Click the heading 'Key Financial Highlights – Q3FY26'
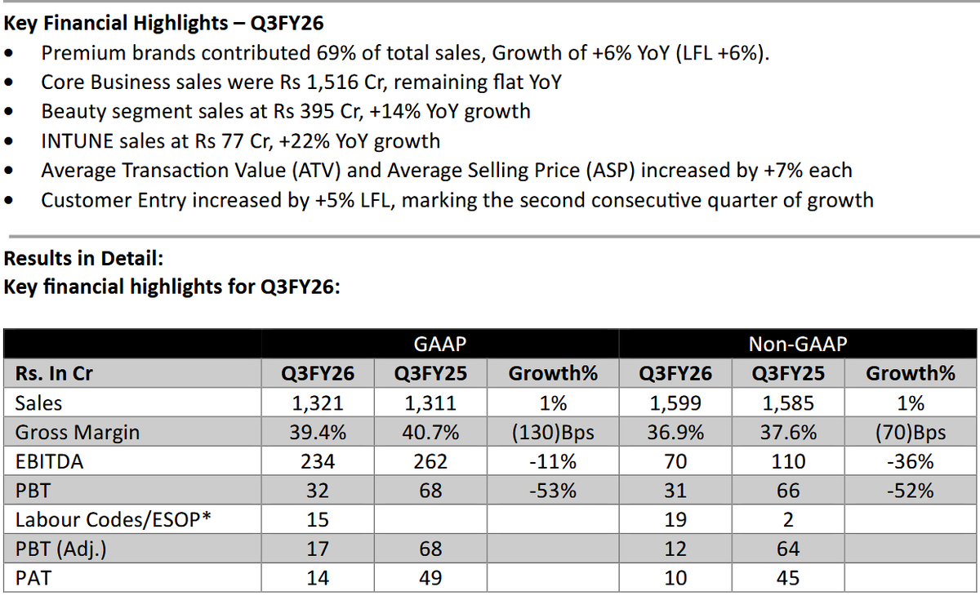[163, 22]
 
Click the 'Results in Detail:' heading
[84, 259]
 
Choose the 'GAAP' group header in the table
[439, 344]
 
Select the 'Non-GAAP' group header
[798, 344]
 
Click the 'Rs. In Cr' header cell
[54, 374]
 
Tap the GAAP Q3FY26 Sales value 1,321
[317, 403]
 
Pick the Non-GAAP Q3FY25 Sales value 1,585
[788, 403]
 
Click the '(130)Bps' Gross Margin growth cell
[553, 433]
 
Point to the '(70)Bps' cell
[911, 433]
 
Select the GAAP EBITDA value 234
[317, 462]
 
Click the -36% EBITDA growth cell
[911, 462]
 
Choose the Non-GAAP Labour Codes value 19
[675, 520]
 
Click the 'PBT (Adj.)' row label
[60, 549]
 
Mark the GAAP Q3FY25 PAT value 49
[430, 579]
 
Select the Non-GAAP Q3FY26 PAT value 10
[675, 579]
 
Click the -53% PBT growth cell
[553, 491]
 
